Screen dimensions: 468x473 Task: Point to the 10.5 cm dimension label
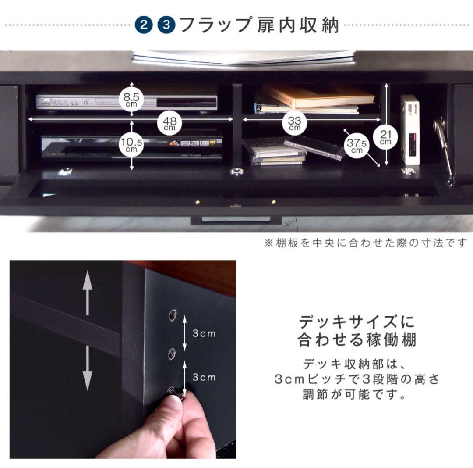pos(131,144)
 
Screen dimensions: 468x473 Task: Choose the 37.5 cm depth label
pos(357,145)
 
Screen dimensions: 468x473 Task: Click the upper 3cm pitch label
pos(205,333)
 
